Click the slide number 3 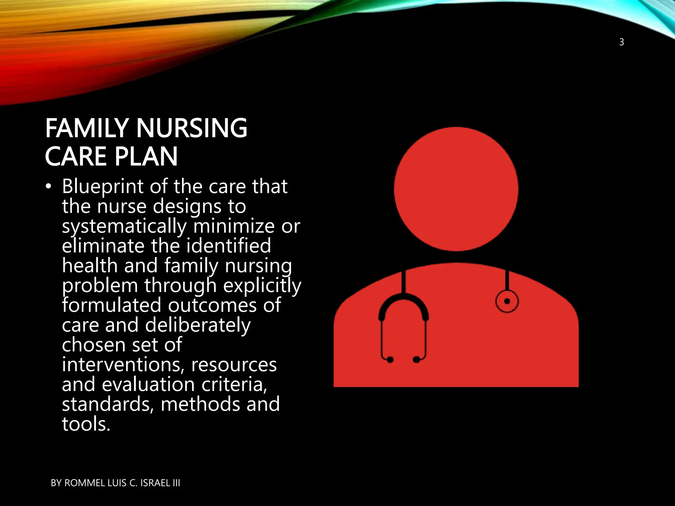(621, 42)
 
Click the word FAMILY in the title (87, 128)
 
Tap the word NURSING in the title (192, 128)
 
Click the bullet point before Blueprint (49, 187)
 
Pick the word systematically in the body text (124, 227)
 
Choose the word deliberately (198, 325)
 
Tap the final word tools (86, 424)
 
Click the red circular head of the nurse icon (456, 189)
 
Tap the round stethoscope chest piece (507, 301)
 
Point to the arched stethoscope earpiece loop (403, 305)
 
